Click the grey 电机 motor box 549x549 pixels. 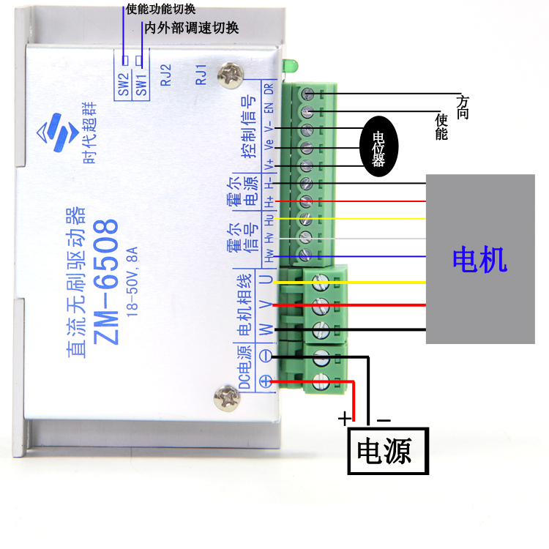[x=480, y=258]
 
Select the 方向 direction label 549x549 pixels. [x=462, y=106]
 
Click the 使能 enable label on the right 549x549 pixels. [x=441, y=126]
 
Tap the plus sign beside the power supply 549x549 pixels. [x=343, y=419]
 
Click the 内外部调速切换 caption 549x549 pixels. [x=192, y=28]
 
